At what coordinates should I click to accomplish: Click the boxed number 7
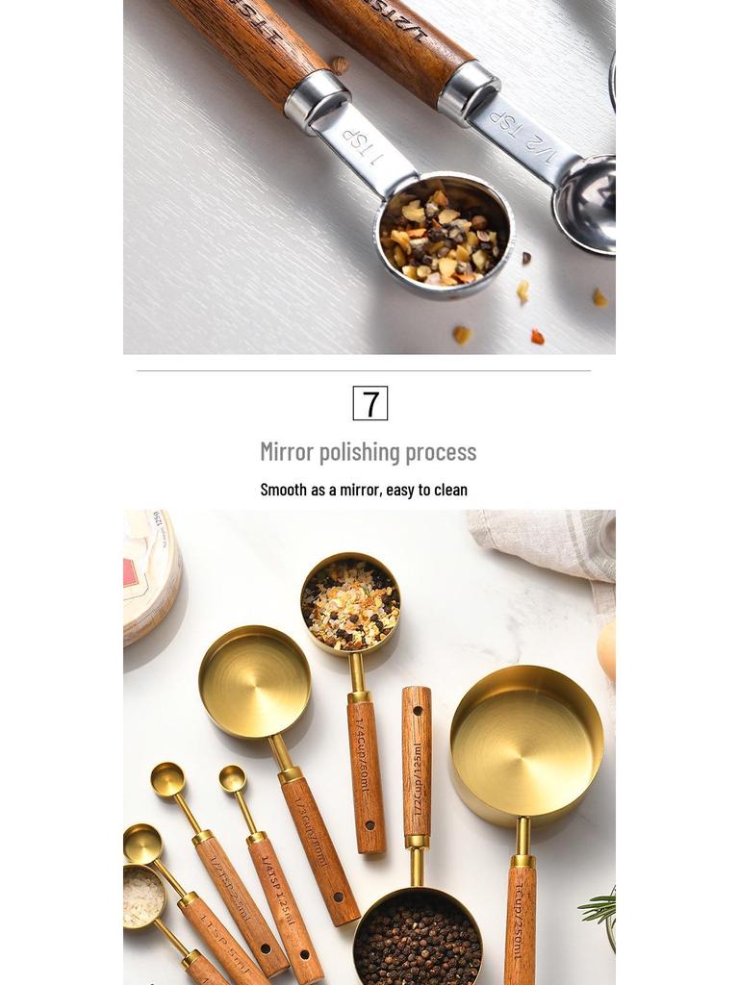pos(370,403)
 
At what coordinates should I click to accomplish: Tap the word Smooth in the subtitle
pos(283,490)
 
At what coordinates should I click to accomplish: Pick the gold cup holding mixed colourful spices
pos(350,603)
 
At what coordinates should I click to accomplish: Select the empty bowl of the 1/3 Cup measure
pos(254,682)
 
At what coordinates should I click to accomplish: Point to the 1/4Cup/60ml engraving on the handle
pos(362,756)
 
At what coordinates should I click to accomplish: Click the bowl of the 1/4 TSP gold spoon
pos(232,778)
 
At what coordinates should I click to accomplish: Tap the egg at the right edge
pos(606,650)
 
